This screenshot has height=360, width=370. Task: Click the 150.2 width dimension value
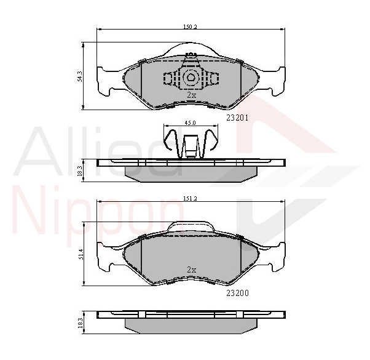tap(190, 26)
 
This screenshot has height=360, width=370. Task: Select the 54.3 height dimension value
tap(80, 76)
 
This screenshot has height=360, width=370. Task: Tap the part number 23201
tap(237, 117)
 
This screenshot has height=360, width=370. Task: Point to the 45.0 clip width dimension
tap(190, 123)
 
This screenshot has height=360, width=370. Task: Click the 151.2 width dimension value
tap(191, 199)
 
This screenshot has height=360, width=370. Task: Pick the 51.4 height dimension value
tap(80, 254)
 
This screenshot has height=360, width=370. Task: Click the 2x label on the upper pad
tap(191, 95)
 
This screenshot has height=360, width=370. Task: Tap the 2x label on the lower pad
tap(191, 270)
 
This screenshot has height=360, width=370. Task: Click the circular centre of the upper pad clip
tap(191, 78)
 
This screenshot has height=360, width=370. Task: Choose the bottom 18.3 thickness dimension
tap(80, 321)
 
